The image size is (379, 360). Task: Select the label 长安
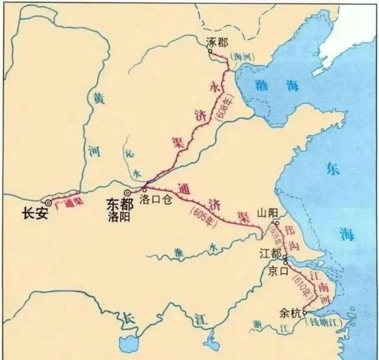coord(35,214)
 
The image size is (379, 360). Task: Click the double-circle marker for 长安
coord(48,202)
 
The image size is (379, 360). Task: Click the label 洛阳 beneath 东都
coord(119,217)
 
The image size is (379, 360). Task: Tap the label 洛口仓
coord(155,201)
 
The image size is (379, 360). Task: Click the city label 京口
coord(278,271)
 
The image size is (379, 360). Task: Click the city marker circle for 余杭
coord(304,312)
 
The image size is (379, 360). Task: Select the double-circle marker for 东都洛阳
coord(127,192)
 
